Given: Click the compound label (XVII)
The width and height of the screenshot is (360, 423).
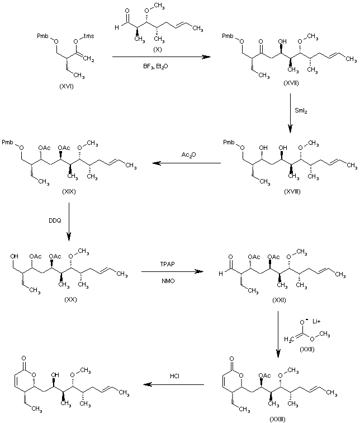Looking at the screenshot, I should pos(291,83).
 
